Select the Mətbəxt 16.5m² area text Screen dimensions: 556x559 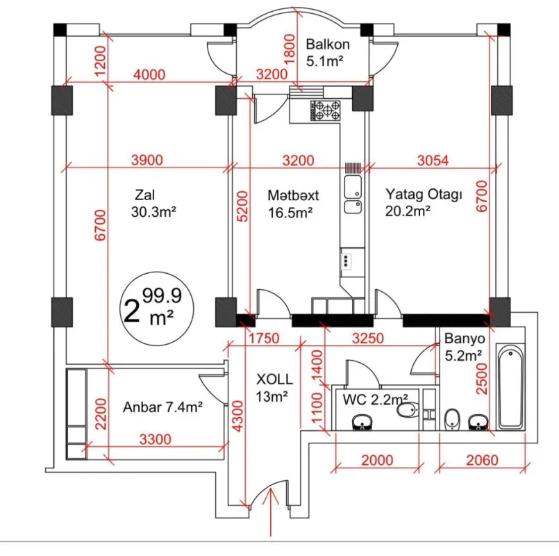tap(290, 213)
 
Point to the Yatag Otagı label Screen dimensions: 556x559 tap(424, 195)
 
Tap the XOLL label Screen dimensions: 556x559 tap(274, 379)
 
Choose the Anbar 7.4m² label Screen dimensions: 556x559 tap(162, 407)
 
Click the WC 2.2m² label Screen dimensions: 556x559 tap(375, 400)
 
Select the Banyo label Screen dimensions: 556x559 tap(464, 341)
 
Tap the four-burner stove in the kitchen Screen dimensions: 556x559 tap(326, 110)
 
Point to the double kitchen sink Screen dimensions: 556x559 tap(353, 195)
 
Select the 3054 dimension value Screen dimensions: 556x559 tap(433, 161)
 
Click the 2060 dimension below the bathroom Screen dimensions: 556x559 tap(482, 459)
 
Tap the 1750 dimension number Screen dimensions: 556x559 tap(263, 338)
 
